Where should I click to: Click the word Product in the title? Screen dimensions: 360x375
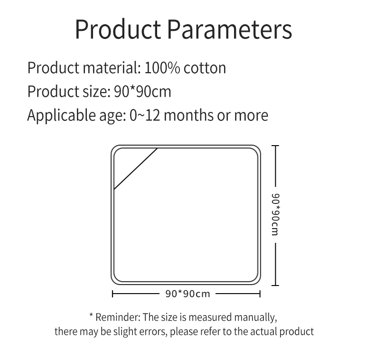point(118,29)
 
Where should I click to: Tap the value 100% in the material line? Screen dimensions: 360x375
point(162,68)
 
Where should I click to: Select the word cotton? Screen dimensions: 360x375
point(205,68)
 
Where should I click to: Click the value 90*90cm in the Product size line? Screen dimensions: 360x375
point(142,91)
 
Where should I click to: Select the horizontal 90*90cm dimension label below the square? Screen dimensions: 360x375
point(187,294)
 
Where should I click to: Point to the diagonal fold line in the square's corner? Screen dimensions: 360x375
point(136,169)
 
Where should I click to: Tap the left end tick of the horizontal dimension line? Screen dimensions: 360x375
point(112,294)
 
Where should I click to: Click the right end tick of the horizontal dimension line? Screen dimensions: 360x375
point(260,294)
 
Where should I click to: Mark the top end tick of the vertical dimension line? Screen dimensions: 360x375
point(275,146)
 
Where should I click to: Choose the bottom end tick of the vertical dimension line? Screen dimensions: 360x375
point(275,285)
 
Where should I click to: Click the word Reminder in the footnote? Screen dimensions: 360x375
point(117,317)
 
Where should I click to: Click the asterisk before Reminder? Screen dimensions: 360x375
point(91,315)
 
